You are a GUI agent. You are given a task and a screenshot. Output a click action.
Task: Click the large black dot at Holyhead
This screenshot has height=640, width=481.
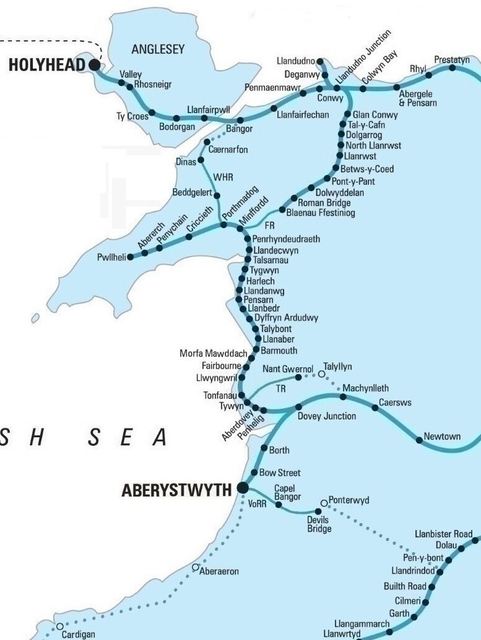94,64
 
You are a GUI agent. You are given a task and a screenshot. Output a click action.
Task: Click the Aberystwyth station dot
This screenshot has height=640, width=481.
243,489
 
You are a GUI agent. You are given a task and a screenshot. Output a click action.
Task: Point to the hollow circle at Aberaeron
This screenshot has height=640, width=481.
196,567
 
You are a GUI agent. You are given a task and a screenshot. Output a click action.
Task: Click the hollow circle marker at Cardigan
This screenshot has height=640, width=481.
59,626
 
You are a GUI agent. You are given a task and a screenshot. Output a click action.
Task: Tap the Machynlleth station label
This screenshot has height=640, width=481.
366,388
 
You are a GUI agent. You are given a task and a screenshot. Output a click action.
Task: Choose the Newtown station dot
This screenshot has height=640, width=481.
420,437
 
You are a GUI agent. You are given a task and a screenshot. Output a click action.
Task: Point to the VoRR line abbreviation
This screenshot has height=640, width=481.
257,504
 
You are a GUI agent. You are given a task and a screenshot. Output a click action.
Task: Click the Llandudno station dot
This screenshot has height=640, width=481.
320,61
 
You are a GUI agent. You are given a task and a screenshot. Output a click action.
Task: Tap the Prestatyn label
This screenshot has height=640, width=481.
451,59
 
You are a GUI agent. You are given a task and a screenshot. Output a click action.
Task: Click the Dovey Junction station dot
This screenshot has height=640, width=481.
298,407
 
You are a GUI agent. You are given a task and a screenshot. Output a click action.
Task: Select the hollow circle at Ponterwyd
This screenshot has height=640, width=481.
324,503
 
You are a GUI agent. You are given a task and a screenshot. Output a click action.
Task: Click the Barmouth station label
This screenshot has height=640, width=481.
279,350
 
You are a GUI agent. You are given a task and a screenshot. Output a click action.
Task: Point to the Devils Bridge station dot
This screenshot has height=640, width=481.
319,511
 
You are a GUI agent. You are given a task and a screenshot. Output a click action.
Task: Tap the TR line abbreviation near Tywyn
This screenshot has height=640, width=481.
282,389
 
